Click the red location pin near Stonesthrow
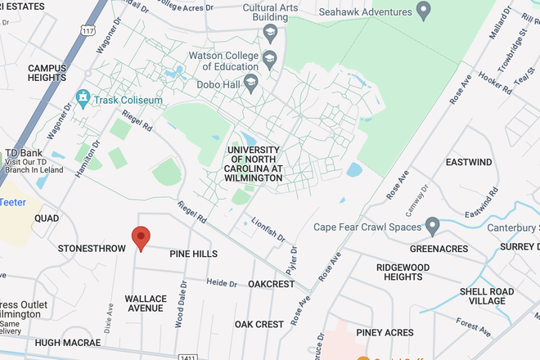click(x=141, y=238)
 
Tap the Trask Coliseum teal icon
click(x=82, y=99)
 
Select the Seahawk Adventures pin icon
click(x=423, y=11)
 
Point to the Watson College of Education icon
click(x=269, y=58)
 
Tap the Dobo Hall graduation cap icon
click(x=250, y=82)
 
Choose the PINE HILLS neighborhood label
click(x=193, y=254)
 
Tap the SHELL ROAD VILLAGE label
click(x=487, y=296)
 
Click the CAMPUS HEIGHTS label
click(x=47, y=73)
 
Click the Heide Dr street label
click(x=221, y=282)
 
